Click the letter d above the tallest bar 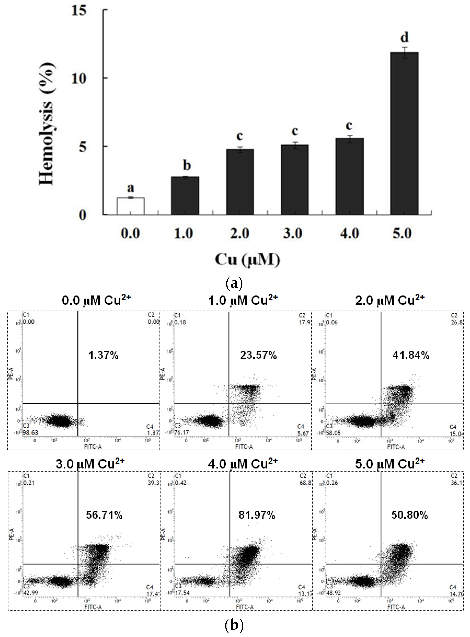(404, 37)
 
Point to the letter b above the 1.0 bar (186, 165)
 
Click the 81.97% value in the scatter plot (257, 515)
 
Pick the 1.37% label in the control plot (103, 355)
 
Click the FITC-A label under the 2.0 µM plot (396, 447)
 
